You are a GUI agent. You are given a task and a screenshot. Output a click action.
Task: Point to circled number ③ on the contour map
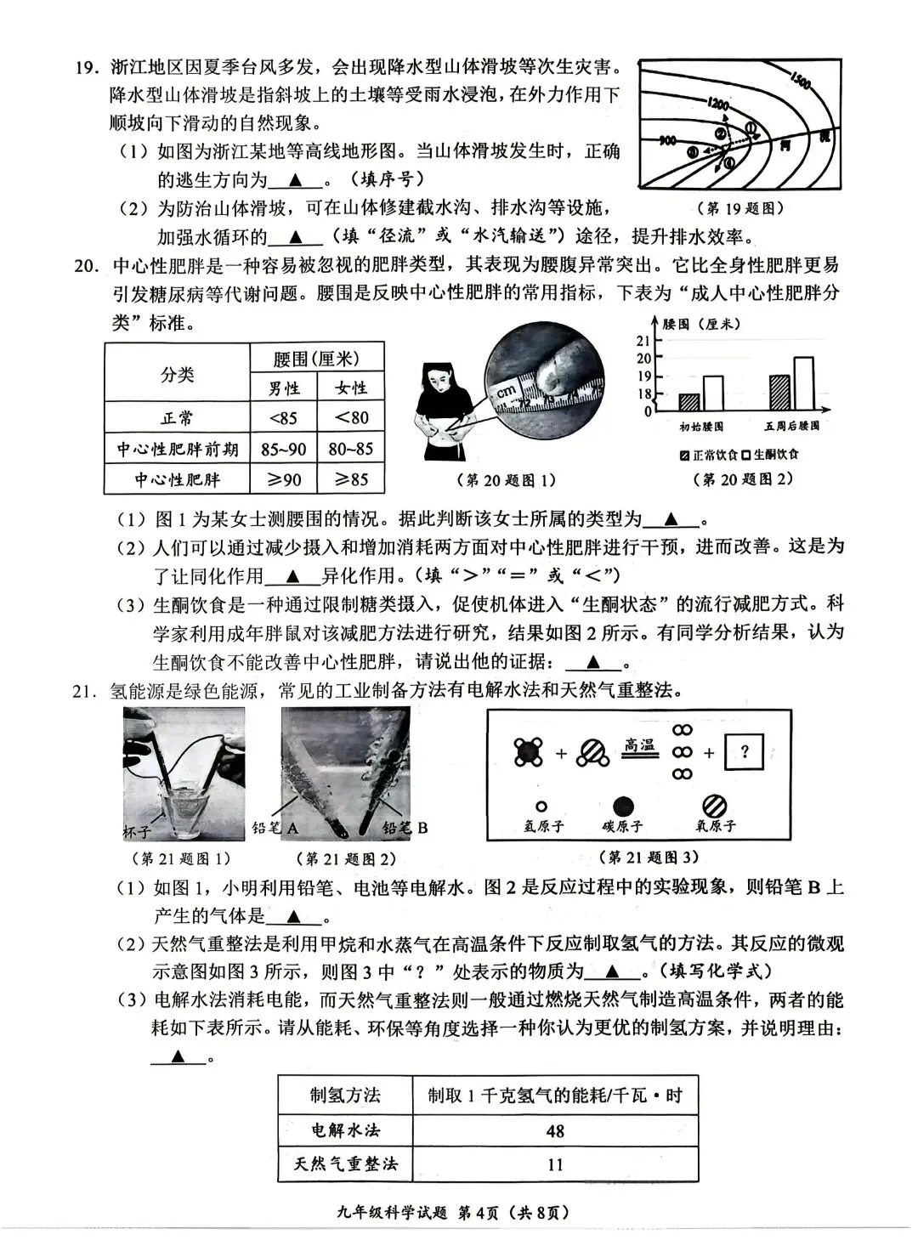point(692,151)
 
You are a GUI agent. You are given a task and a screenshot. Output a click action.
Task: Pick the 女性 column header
point(351,388)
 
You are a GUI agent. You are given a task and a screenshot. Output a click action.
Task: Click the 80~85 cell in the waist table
point(351,449)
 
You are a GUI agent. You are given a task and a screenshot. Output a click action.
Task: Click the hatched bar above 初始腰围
point(689,402)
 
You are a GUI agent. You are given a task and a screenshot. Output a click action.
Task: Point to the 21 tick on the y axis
point(643,341)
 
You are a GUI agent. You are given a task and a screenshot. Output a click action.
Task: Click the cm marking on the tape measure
point(507,393)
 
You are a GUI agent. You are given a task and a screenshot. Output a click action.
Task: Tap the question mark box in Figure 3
point(745,752)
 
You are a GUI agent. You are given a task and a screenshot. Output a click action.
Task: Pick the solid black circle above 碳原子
point(624,806)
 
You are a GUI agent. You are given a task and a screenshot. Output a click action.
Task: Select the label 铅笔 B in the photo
point(405,828)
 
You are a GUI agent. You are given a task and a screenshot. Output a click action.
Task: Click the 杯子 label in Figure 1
point(138,830)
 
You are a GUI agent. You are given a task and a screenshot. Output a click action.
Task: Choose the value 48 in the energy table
point(555,1131)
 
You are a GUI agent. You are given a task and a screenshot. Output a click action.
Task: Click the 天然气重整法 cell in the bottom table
point(345,1164)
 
